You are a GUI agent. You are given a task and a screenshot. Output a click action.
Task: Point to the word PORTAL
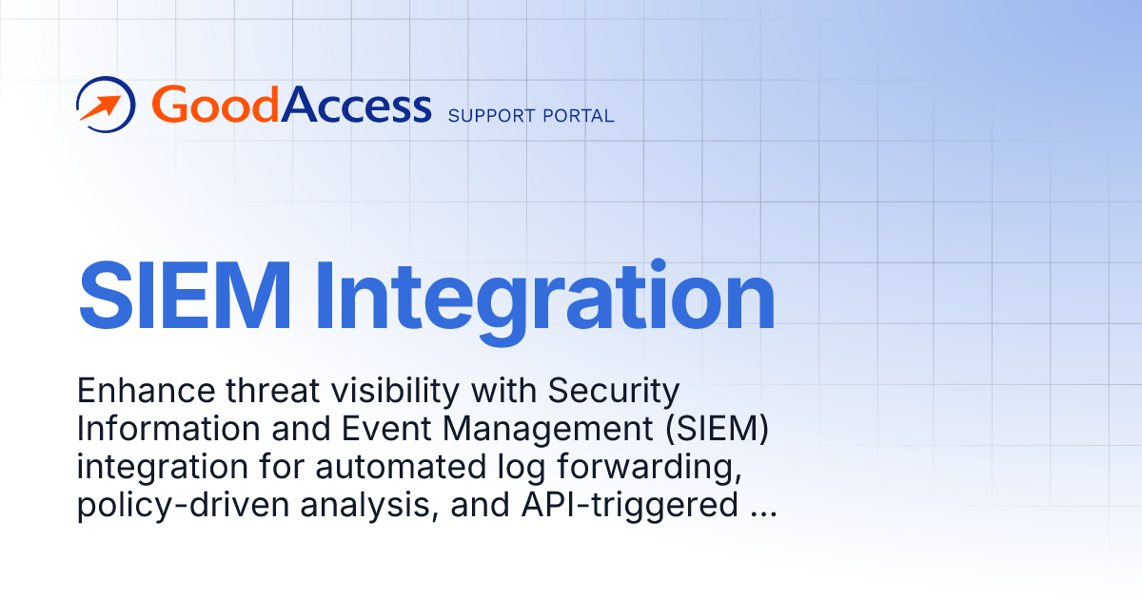[x=580, y=116]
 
